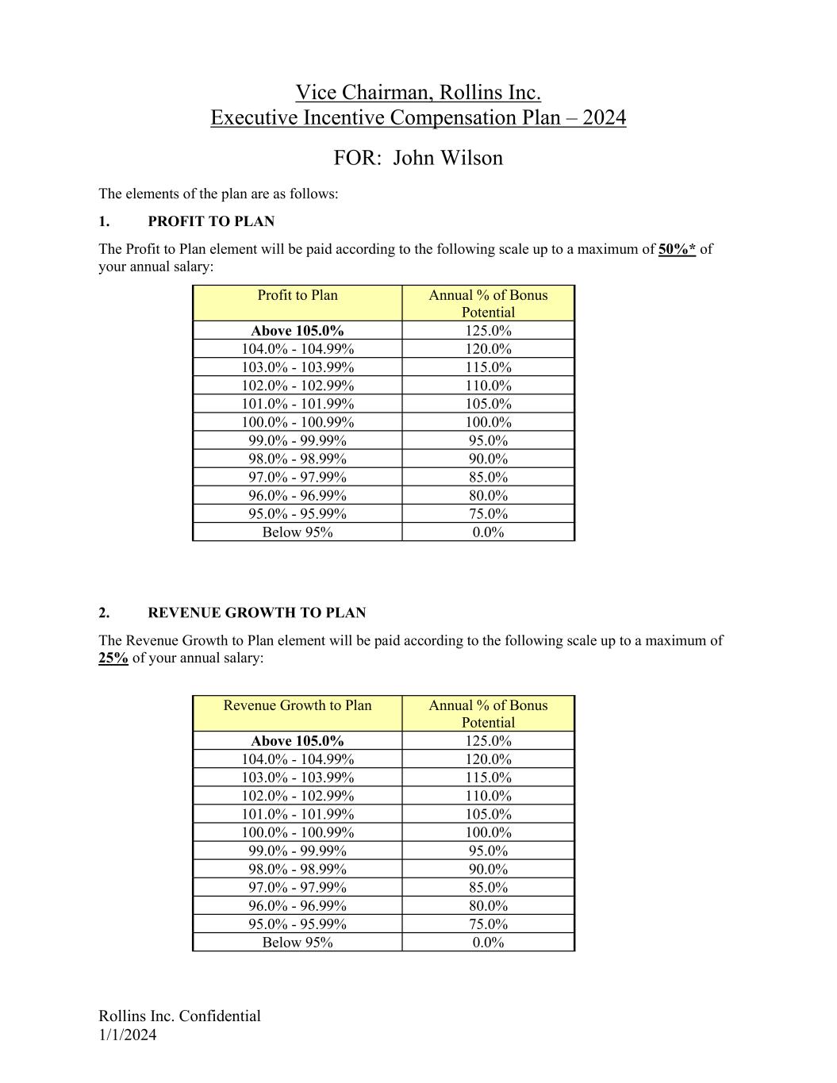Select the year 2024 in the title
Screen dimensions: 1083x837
click(x=604, y=117)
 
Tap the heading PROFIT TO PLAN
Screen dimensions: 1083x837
click(x=211, y=221)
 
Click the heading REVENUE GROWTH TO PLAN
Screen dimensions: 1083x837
click(x=256, y=613)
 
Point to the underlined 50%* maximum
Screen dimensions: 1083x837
click(x=677, y=249)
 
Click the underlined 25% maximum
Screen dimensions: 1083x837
click(x=113, y=658)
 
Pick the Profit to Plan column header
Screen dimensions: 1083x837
click(x=298, y=295)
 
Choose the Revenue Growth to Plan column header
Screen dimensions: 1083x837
click(x=298, y=705)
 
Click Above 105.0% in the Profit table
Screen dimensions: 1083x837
click(x=298, y=331)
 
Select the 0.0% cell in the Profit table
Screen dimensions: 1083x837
click(x=488, y=532)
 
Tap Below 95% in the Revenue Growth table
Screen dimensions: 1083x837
click(x=298, y=943)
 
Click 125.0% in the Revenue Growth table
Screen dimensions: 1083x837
click(x=488, y=741)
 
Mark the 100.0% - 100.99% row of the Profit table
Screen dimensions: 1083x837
click(x=298, y=422)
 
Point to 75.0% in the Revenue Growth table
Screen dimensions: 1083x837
click(x=488, y=924)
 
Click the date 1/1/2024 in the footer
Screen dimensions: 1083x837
click(x=128, y=1035)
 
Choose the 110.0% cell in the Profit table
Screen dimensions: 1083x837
click(x=488, y=386)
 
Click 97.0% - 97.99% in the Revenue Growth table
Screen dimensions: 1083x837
click(x=298, y=888)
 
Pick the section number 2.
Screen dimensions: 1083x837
click(x=104, y=613)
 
